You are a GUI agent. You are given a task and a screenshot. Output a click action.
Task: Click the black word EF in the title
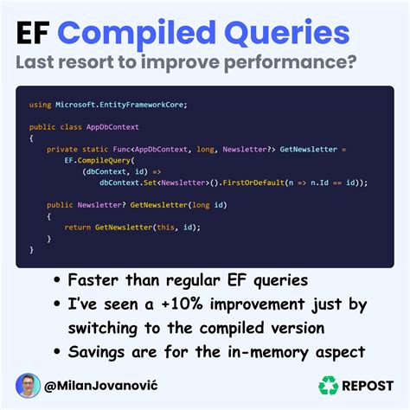[x=35, y=35]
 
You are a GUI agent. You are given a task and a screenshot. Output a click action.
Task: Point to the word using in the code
[x=40, y=105]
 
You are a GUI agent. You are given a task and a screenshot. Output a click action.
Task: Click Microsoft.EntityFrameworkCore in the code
[x=121, y=105]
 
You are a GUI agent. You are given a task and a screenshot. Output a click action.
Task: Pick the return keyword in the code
[x=78, y=227]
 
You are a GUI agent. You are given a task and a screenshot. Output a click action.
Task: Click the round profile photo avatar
[x=28, y=385]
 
